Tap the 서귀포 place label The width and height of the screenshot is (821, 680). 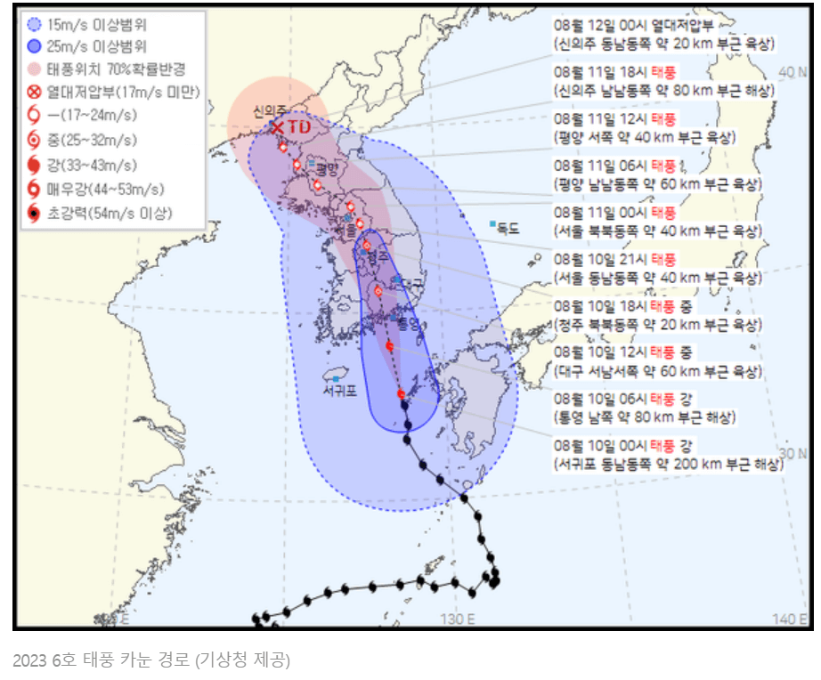[x=339, y=390]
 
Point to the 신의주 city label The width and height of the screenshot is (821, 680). [x=269, y=111]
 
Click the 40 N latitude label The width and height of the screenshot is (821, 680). [x=787, y=70]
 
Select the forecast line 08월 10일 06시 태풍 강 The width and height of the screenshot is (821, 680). [x=622, y=397]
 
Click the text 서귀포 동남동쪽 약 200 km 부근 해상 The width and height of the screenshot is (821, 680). [x=668, y=464]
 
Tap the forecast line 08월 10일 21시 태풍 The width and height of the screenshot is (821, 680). [x=614, y=259]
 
